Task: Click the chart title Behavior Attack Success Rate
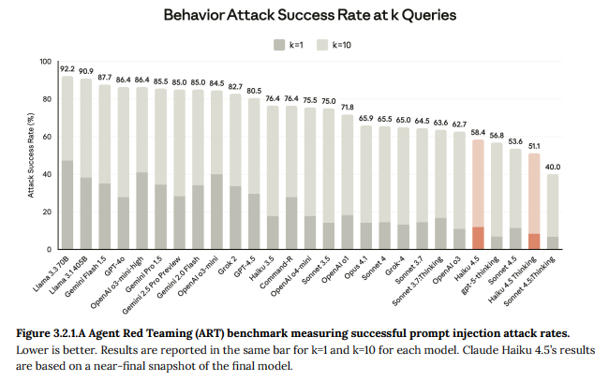click(x=305, y=15)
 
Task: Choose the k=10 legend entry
click(x=343, y=44)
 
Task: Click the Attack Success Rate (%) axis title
click(x=30, y=155)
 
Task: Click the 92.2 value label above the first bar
click(x=67, y=69)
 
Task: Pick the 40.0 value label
click(x=553, y=167)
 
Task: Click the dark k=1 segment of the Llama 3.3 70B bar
click(x=67, y=204)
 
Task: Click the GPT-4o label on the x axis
click(x=112, y=262)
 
